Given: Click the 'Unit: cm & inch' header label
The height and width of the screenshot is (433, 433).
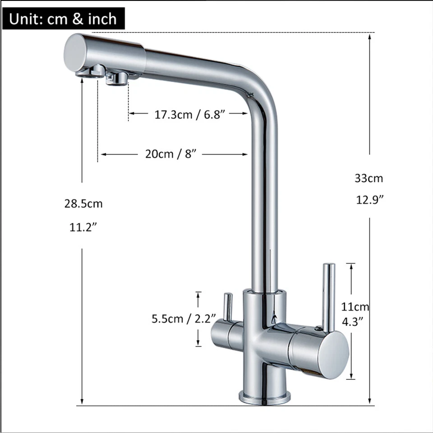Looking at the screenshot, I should pos(63,18).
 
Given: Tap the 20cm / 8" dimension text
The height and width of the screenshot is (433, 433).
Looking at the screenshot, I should pos(172,154).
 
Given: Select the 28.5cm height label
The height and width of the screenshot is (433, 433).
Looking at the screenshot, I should pos(83,203).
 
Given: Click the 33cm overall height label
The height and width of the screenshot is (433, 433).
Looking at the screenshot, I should pos(369,178).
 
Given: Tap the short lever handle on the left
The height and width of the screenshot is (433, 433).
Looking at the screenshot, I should pos(228,307).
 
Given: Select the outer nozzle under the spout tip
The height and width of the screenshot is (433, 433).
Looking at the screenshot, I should pos(95,71).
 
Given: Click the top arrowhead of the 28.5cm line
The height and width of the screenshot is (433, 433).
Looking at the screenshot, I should pos(82,82).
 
